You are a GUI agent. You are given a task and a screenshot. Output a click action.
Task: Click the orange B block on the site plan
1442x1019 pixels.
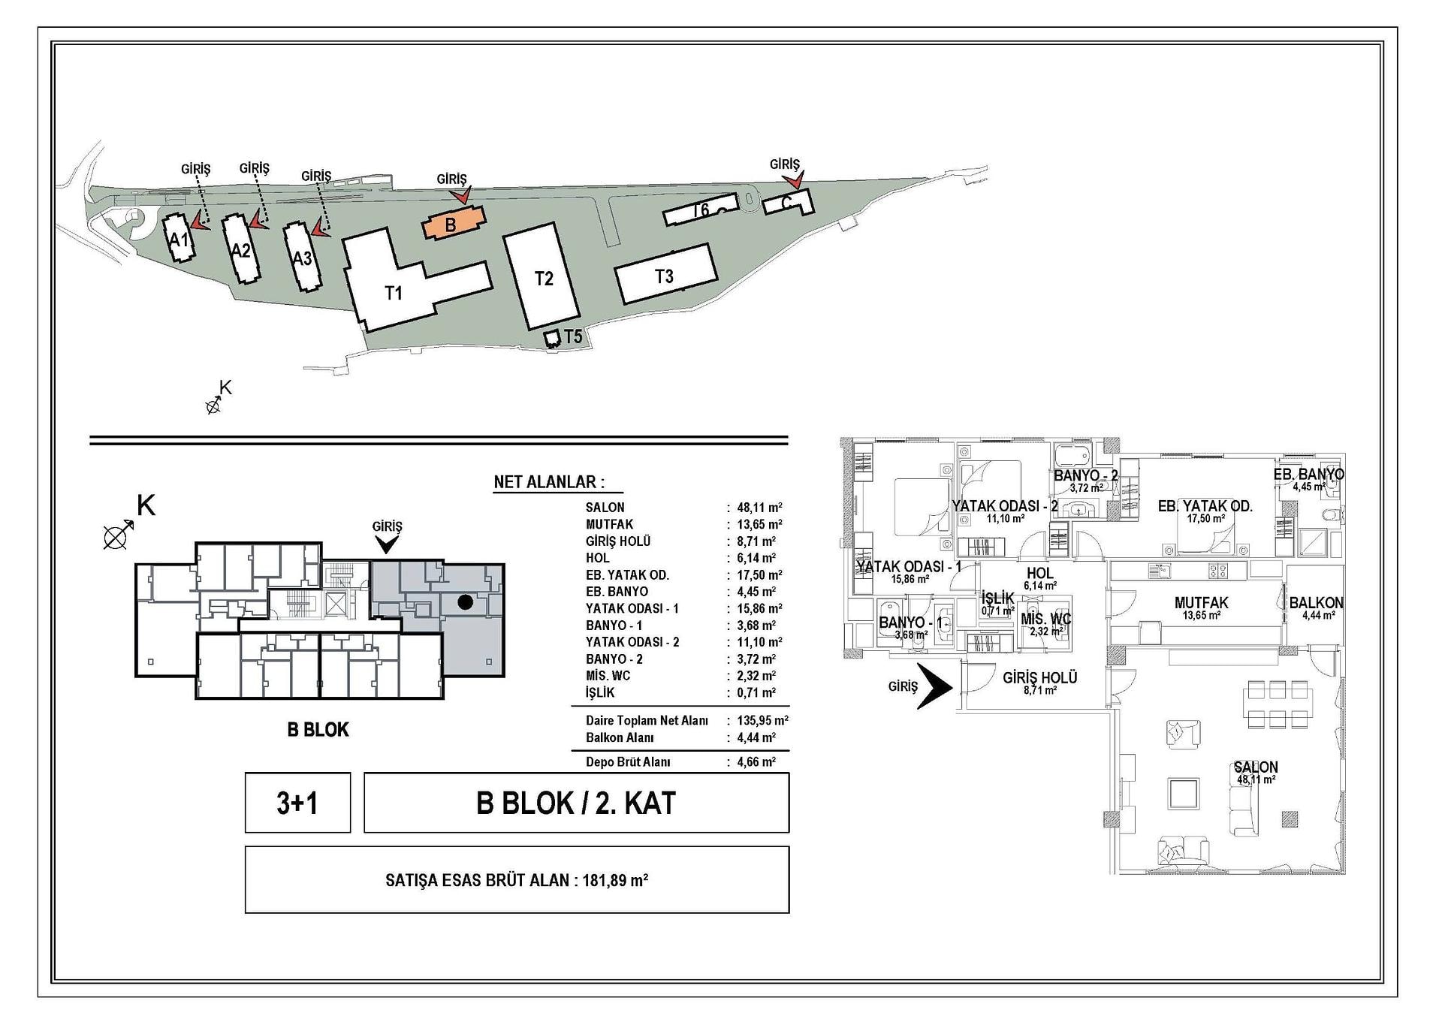[x=454, y=223]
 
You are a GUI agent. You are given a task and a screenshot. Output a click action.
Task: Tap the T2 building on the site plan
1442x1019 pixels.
[x=542, y=276]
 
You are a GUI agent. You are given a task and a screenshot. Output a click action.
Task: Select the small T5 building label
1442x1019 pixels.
[x=573, y=337]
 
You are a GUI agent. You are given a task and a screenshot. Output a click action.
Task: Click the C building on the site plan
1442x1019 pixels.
[x=789, y=202]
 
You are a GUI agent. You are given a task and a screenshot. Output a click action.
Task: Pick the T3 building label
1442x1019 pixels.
[x=664, y=276]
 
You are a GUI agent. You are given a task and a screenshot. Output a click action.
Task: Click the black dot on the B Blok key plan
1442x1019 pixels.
[x=466, y=601]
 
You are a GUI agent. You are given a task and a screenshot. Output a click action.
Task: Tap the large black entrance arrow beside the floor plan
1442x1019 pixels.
[x=935, y=686]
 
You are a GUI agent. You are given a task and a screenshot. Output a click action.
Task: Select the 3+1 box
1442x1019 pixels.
[x=297, y=803]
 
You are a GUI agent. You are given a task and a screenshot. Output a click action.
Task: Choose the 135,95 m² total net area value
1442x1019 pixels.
[x=762, y=721]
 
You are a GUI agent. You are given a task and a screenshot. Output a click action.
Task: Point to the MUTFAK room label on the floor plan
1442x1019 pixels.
[x=1201, y=602]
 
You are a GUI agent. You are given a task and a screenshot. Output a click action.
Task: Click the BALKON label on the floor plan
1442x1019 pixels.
[x=1317, y=603]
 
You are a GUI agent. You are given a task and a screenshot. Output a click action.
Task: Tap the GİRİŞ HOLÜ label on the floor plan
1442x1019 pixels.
[x=1040, y=678]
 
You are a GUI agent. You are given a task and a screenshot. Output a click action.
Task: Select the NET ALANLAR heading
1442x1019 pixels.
[x=549, y=482]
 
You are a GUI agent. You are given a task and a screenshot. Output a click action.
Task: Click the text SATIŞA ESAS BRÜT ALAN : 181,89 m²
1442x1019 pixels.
[x=517, y=880]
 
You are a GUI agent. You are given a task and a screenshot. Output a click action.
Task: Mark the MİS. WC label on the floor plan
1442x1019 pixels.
[x=1046, y=620]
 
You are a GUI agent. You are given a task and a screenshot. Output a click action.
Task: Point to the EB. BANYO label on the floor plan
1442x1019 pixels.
[x=1309, y=475]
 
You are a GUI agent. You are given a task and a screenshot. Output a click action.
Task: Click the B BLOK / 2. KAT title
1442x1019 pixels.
[x=576, y=803]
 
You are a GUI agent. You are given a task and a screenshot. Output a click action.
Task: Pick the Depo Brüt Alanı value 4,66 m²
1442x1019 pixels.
[x=756, y=762]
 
